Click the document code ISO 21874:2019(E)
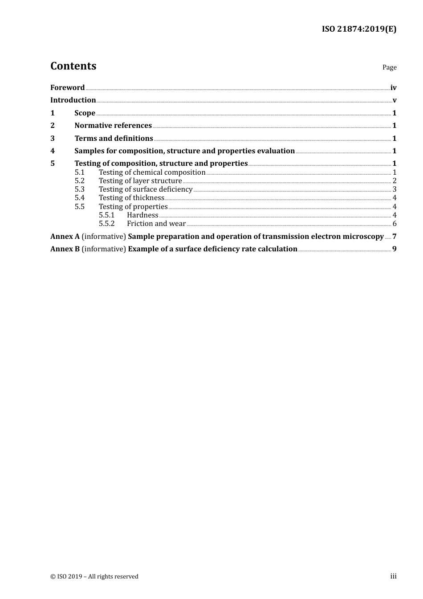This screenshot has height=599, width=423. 359,29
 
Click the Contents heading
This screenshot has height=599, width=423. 73,66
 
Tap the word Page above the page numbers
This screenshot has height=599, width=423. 389,67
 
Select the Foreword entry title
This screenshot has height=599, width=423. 67,88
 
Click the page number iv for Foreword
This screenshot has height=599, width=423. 393,88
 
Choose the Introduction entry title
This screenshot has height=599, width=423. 73,100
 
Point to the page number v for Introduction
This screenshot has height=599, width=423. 395,100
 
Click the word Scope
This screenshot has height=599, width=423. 85,113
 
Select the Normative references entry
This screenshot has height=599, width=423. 113,126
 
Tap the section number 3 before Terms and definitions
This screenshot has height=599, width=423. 53,139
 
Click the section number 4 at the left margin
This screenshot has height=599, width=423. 53,151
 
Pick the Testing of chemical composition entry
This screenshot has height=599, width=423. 152,172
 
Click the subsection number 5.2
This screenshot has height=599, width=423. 79,181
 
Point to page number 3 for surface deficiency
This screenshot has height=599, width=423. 395,189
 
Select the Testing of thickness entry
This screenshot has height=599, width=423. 131,198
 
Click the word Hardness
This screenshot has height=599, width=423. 142,215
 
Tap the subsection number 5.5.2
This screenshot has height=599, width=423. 106,224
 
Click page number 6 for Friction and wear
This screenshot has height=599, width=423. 395,224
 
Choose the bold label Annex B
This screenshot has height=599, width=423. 65,249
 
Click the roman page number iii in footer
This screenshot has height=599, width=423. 393,576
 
